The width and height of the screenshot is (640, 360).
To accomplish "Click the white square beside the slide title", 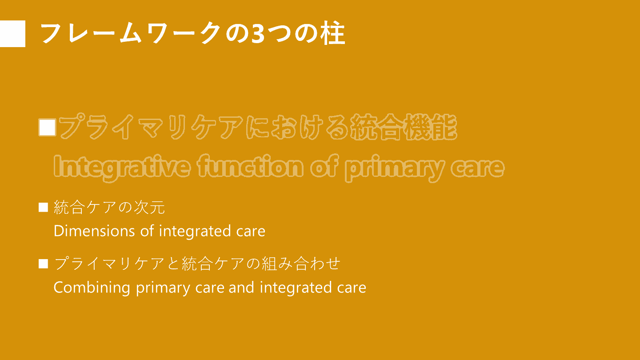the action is point(12,34).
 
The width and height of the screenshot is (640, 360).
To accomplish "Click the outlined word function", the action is point(250,166).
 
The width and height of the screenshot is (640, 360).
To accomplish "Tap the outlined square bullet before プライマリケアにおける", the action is point(48,128).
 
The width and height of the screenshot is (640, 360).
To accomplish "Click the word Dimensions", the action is point(94,231).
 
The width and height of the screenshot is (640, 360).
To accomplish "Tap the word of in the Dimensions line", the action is point(147,231).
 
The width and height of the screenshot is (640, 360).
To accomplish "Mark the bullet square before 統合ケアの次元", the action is point(43,208).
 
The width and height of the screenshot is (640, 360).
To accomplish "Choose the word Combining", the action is point(92,288).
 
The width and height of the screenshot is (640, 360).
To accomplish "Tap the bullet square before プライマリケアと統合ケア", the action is point(43,264).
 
